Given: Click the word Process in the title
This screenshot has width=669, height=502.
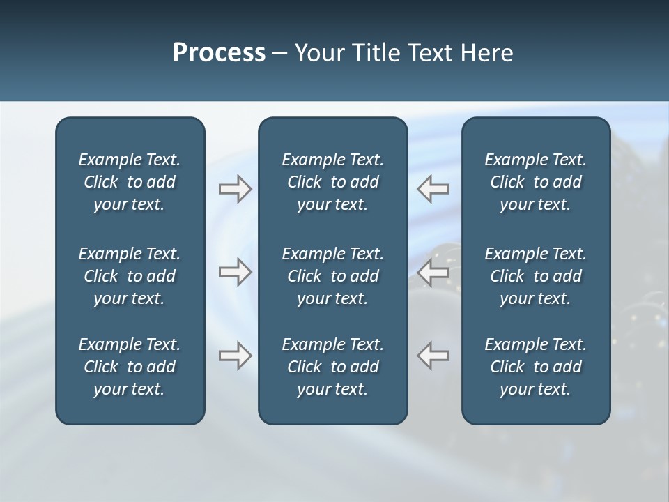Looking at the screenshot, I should pyautogui.click(x=219, y=53).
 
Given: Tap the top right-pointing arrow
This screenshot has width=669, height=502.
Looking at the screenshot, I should pyautogui.click(x=235, y=189).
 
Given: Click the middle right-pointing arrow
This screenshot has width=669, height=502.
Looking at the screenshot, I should pyautogui.click(x=235, y=272).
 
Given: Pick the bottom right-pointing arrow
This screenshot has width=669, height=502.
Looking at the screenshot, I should pyautogui.click(x=235, y=356).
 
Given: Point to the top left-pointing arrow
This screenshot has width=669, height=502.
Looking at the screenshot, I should pyautogui.click(x=433, y=189).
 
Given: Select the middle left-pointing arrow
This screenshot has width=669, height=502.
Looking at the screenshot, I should pyautogui.click(x=433, y=272).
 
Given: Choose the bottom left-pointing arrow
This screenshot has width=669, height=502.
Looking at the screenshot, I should pyautogui.click(x=433, y=356).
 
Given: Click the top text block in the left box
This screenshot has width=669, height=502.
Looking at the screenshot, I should pyautogui.click(x=130, y=182).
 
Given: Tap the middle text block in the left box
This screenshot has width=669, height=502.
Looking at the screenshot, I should pyautogui.click(x=130, y=276).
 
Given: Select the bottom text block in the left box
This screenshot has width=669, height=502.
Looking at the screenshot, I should pyautogui.click(x=130, y=367).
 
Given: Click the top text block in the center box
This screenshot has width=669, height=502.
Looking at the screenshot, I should pyautogui.click(x=332, y=182).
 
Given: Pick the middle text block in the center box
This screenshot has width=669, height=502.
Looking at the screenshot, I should pyautogui.click(x=332, y=276).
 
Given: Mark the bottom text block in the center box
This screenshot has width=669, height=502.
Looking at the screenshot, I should pyautogui.click(x=332, y=367).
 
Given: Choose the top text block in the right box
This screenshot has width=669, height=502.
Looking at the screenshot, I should pyautogui.click(x=535, y=182).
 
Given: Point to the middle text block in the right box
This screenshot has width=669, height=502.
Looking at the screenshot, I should pyautogui.click(x=535, y=276).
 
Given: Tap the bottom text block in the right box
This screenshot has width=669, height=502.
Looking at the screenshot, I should pyautogui.click(x=535, y=367).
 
